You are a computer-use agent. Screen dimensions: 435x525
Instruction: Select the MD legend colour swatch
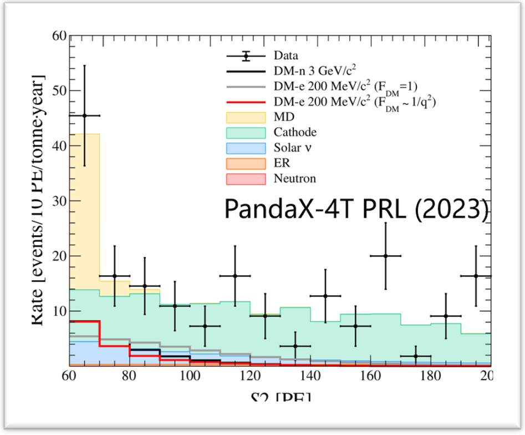pyautogui.click(x=247, y=117)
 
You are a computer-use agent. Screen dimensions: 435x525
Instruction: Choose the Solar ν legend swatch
pyautogui.click(x=247, y=148)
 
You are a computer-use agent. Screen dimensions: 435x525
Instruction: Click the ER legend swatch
pyautogui.click(x=247, y=163)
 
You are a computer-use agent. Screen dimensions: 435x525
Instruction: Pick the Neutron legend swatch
pyautogui.click(x=247, y=178)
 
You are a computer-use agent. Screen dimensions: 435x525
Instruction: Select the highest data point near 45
pyautogui.click(x=84, y=116)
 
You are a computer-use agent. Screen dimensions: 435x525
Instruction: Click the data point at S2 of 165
pyautogui.click(x=385, y=256)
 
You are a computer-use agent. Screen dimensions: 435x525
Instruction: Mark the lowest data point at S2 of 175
pyautogui.click(x=415, y=356)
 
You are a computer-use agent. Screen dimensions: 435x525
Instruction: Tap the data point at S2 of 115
pyautogui.click(x=235, y=276)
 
